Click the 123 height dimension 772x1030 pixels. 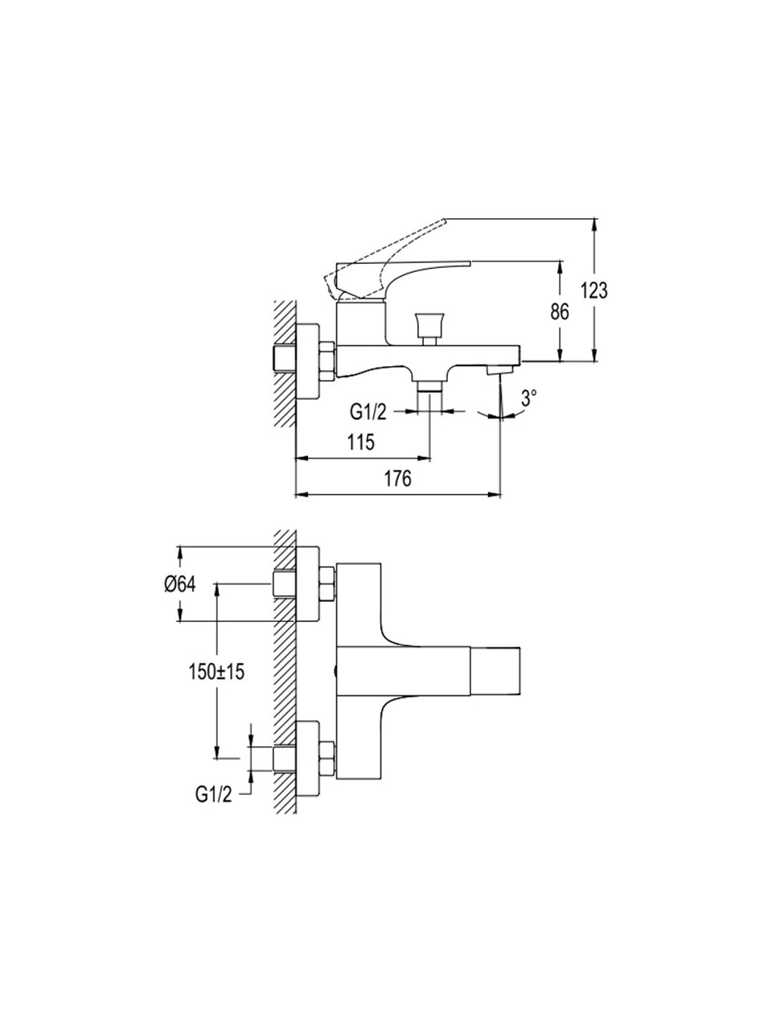[596, 291]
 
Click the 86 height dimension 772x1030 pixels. [561, 311]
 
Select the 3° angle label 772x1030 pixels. [528, 397]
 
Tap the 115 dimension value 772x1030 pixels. [362, 442]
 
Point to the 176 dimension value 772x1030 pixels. [397, 479]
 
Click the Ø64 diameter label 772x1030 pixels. [180, 585]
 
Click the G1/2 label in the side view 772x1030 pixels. [368, 413]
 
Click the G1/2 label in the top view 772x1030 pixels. [213, 794]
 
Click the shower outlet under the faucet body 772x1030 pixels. [432, 388]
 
